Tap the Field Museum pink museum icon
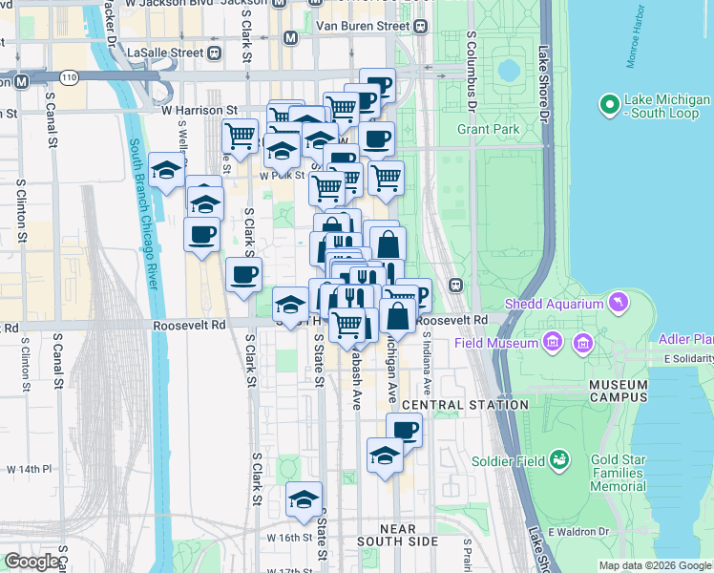[x=552, y=342]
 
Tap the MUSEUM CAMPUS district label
[x=618, y=391]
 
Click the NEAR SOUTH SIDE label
[x=398, y=535]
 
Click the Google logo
[x=31, y=562]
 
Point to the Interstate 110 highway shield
[x=68, y=75]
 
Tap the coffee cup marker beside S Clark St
[x=243, y=275]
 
